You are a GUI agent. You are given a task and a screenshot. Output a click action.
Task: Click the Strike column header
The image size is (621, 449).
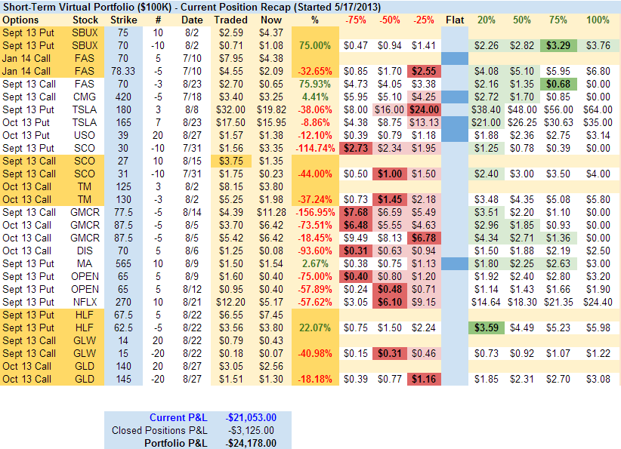point(124,19)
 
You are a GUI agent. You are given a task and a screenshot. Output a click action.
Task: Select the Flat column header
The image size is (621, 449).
point(455,19)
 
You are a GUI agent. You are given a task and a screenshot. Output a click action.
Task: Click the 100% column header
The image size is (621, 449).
point(598,19)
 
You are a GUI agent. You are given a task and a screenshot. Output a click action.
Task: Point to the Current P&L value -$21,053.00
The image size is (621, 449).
point(251,418)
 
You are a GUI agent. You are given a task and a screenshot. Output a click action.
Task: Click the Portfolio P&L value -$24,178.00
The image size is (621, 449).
point(251,444)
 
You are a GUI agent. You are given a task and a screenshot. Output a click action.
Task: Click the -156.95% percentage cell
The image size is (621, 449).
point(313,212)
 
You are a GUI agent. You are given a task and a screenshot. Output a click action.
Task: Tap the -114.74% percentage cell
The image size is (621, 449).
point(313,148)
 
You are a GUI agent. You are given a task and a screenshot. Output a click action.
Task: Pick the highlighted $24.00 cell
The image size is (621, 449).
point(423,109)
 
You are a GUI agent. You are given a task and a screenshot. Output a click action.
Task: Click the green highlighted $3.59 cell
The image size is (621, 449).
point(487,328)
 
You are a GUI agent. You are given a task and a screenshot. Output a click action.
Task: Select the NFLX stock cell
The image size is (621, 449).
point(85,302)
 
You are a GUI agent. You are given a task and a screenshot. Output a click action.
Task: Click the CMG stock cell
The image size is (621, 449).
point(85,97)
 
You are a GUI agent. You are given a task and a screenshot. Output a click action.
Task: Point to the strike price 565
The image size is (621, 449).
point(124,263)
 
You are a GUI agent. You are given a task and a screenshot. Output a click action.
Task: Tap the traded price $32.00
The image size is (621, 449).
point(230,109)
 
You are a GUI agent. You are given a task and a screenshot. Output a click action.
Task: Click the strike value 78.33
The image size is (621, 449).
point(124,71)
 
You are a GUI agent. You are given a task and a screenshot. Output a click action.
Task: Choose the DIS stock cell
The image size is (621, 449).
point(85,251)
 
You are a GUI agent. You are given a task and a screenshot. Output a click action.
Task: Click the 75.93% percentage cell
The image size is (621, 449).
point(314,84)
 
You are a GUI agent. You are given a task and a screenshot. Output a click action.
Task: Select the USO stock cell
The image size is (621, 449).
point(85,135)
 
